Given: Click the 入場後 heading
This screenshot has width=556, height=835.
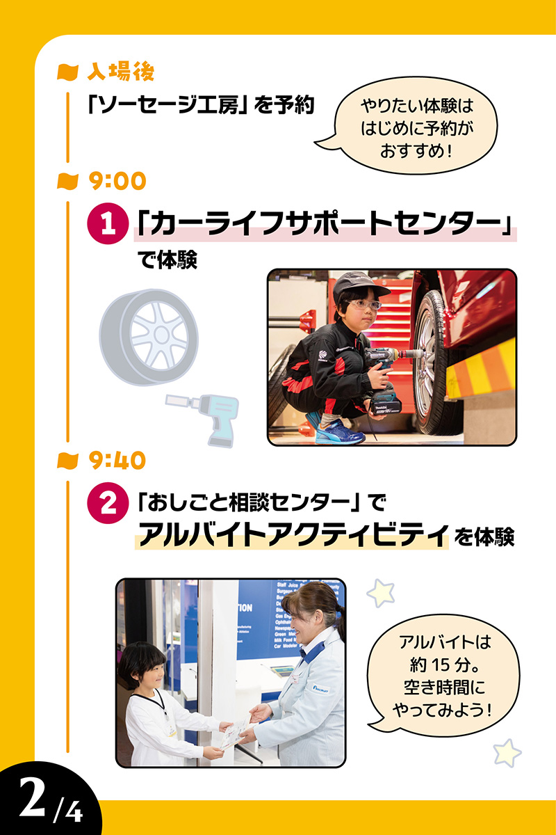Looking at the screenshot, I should point(122,71).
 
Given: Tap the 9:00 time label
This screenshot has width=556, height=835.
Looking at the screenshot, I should point(117,182).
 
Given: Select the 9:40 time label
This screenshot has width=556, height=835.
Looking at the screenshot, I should point(117,460).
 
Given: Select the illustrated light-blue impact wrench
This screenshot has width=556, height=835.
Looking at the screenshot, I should point(205,414).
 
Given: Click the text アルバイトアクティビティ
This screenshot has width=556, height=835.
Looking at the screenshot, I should point(292,535).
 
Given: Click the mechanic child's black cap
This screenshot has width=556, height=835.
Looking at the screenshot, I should point(358,285).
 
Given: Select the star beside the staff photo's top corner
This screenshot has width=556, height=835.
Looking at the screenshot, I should point(381,592).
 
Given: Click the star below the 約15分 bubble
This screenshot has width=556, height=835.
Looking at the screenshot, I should point(507,753).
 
